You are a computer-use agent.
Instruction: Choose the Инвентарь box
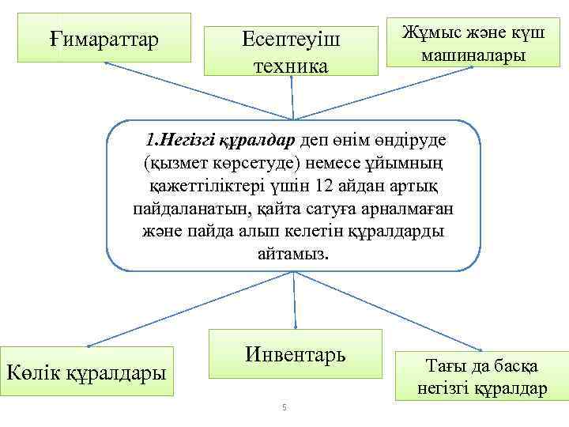coord(295,353)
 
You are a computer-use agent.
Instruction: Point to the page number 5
coord(284,407)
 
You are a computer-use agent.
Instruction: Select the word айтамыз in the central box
coord(294,255)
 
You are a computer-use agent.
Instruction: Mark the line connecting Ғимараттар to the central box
coord(198,91)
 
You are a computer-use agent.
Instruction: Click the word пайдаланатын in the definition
coord(175,211)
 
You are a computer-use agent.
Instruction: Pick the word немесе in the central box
coord(335,164)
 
